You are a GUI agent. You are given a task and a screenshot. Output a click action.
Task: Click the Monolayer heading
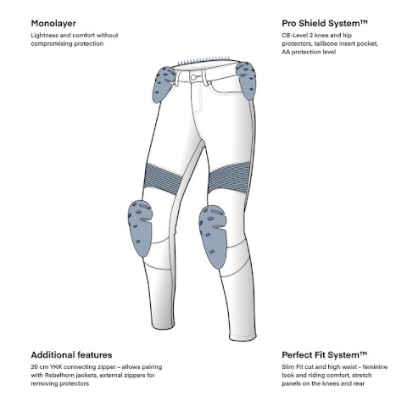tap(53, 24)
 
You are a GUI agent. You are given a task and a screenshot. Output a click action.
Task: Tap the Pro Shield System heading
tap(325, 23)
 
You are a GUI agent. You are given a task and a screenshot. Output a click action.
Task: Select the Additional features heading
tap(71, 354)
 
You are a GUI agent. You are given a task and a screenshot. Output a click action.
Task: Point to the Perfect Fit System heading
tap(325, 354)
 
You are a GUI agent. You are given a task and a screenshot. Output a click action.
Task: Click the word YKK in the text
tap(56, 367)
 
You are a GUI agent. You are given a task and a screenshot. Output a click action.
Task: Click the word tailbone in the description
tap(325, 43)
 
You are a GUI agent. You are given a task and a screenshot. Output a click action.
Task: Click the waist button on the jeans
tap(193, 77)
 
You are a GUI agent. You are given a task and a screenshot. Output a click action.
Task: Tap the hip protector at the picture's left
tap(164, 84)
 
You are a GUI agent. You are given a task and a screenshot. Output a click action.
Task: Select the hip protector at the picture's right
tap(247, 81)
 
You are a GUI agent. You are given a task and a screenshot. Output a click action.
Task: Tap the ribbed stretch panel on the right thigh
tap(230, 176)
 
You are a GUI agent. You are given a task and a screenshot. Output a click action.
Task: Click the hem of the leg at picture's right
tap(243, 337)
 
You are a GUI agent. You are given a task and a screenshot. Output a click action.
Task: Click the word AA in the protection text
tap(286, 52)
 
